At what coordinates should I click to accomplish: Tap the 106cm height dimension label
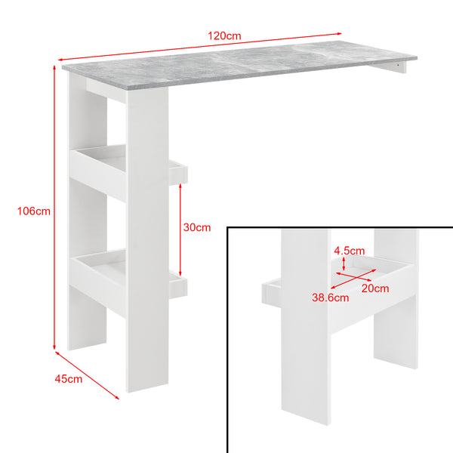click(x=33, y=211)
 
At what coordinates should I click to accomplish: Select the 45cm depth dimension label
click(x=69, y=378)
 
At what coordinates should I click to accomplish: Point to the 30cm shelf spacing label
click(x=197, y=226)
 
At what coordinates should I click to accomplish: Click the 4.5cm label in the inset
click(x=350, y=251)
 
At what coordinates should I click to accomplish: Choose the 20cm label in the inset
click(x=374, y=288)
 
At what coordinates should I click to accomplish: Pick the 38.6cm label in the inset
click(x=332, y=297)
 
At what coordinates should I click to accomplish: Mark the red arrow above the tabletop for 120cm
click(x=200, y=46)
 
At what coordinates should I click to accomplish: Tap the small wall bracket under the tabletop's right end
click(x=397, y=69)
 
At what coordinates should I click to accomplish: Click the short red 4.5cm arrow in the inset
click(x=344, y=263)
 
